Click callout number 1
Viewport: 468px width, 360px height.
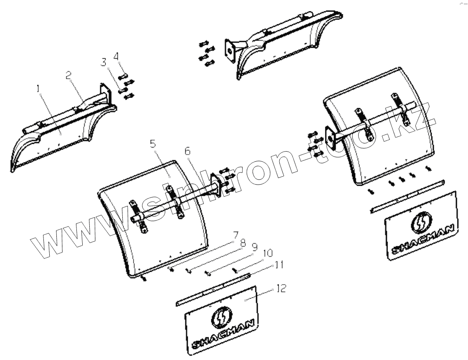pyautogui.click(x=38, y=89)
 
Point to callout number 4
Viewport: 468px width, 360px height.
pyautogui.click(x=116, y=56)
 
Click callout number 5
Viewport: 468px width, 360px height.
pyautogui.click(x=153, y=144)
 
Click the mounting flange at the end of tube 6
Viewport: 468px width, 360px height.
pyautogui.click(x=217, y=184)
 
